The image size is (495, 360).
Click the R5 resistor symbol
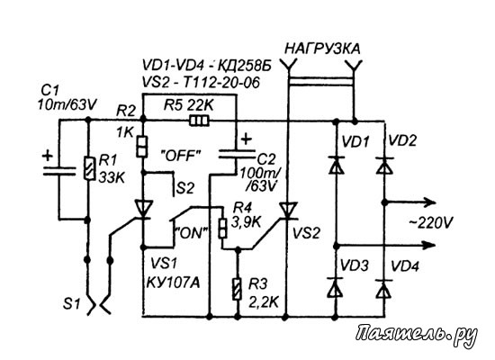(200, 121)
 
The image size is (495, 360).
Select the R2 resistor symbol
(142, 147)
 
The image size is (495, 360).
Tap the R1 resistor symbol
(89, 168)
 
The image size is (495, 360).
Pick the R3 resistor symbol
(238, 289)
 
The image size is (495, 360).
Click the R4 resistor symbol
(222, 228)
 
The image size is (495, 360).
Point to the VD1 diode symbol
(336, 165)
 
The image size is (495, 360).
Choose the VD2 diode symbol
(384, 165)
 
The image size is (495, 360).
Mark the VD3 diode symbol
(336, 287)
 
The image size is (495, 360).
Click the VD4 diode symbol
(384, 289)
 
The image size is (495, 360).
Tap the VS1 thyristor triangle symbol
(143, 209)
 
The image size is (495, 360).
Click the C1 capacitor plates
(59, 171)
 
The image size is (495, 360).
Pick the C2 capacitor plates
(237, 154)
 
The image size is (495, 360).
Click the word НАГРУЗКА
(322, 49)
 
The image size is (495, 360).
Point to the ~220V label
(430, 223)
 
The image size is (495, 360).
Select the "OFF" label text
(181, 156)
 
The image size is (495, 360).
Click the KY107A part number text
(173, 283)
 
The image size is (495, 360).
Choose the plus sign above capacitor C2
(247, 139)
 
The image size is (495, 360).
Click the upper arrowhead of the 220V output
(431, 202)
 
